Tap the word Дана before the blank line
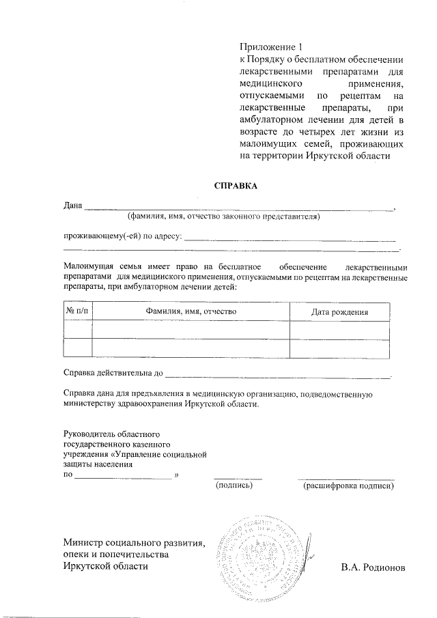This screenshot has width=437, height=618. pyautogui.click(x=72, y=206)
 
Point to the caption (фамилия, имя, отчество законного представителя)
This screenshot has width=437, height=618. pyautogui.click(x=225, y=217)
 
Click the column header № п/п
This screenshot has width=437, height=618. pyautogui.click(x=77, y=311)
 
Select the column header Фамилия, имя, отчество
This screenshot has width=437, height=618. pyautogui.click(x=191, y=311)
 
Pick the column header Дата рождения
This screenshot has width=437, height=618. pyautogui.click(x=340, y=312)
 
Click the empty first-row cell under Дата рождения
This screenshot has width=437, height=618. pyautogui.click(x=340, y=330)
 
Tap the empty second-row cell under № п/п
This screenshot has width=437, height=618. pyautogui.click(x=77, y=348)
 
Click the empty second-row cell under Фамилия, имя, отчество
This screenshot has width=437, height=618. pyautogui.click(x=191, y=348)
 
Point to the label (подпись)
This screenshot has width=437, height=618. pyautogui.click(x=234, y=486)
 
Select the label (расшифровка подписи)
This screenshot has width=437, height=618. pyautogui.click(x=348, y=486)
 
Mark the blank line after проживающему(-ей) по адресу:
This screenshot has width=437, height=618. pyautogui.click(x=290, y=239)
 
